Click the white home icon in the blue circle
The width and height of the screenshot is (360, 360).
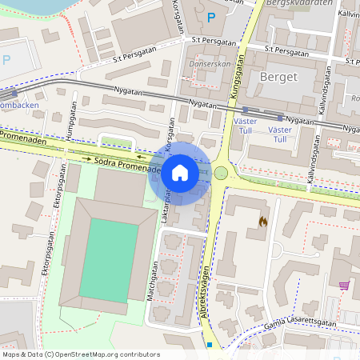coord(180,173)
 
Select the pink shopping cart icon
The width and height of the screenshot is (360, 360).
coord(344,285)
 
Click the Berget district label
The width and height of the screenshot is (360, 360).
coord(279,77)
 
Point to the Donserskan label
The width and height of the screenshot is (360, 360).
coord(210,64)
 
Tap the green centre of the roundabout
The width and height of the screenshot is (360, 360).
coord(221,172)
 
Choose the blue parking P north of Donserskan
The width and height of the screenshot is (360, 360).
coord(211,17)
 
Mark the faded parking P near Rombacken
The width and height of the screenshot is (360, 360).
coord(6,59)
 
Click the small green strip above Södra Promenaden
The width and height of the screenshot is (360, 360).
coord(116,142)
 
